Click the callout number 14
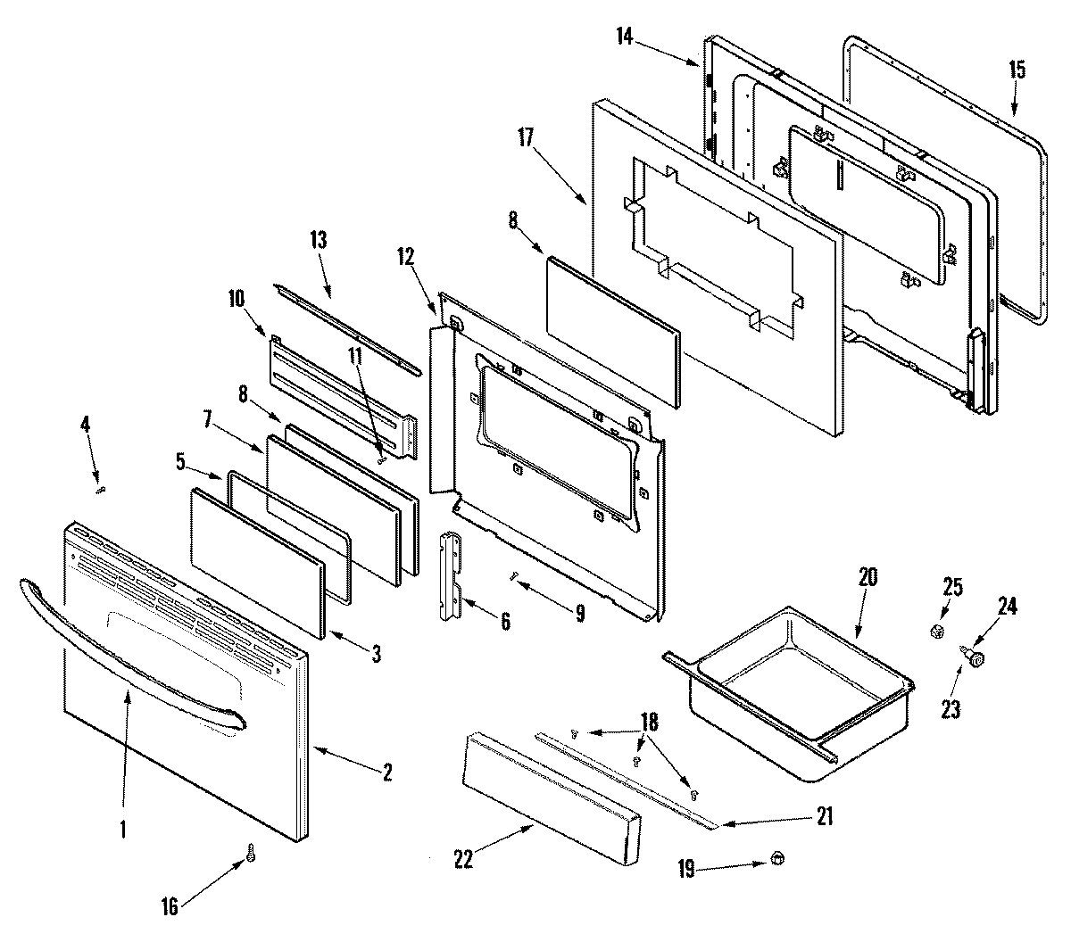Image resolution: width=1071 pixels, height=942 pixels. point(624,37)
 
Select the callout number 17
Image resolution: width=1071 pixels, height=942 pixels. point(525,137)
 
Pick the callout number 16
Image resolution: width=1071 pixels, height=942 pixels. point(169,908)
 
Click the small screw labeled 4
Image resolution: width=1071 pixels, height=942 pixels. point(101,488)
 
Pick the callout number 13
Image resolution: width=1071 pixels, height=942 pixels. point(319,239)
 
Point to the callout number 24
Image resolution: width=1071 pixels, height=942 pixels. point(1007,607)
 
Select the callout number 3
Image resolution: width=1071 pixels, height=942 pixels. point(376,654)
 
